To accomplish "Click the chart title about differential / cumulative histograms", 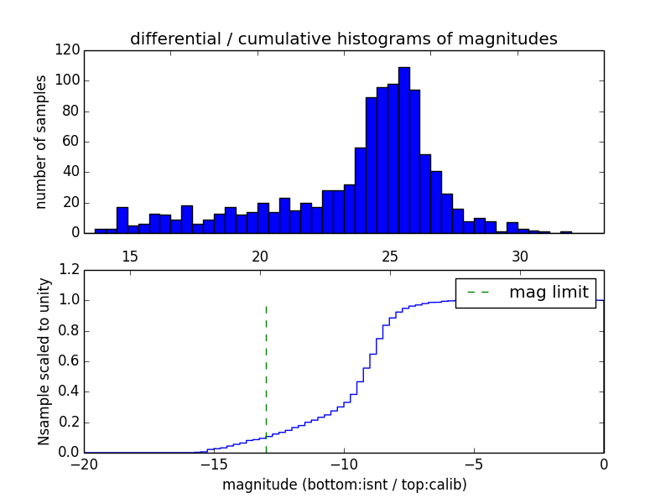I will click(x=343, y=39).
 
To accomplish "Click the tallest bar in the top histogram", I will click(x=404, y=151).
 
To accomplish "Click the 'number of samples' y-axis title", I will click(x=41, y=141).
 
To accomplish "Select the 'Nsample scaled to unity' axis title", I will click(x=44, y=360).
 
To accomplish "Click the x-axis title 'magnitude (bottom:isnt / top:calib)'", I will click(x=344, y=485).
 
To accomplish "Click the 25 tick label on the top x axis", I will click(x=390, y=256).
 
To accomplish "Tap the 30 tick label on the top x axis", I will click(x=520, y=256).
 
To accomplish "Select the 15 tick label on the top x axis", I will click(x=130, y=256).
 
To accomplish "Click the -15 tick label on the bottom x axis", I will click(x=213, y=464).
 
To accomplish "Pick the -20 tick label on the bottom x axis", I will click(x=84, y=464).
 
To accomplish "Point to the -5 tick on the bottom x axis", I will click(x=473, y=464).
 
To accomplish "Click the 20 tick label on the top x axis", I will click(x=260, y=256).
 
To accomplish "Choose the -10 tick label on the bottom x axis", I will click(x=343, y=464).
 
